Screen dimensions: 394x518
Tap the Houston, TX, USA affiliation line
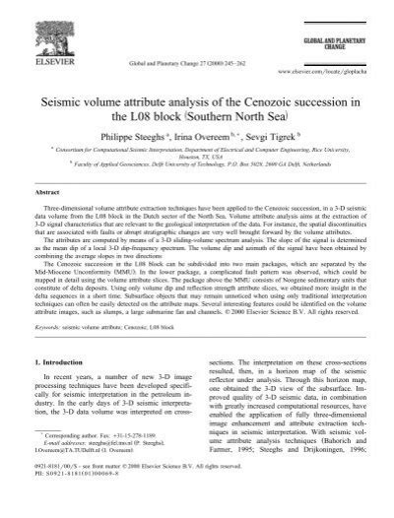[x=195, y=166]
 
